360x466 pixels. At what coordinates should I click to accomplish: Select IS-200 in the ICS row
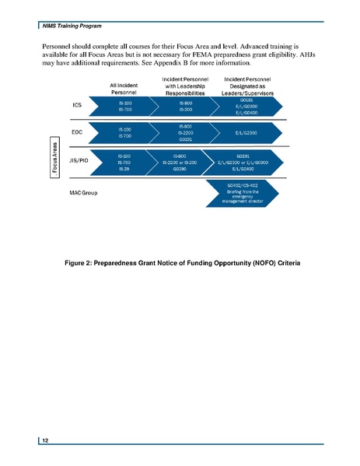(x=187, y=110)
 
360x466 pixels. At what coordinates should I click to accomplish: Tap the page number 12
(x=46, y=440)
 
